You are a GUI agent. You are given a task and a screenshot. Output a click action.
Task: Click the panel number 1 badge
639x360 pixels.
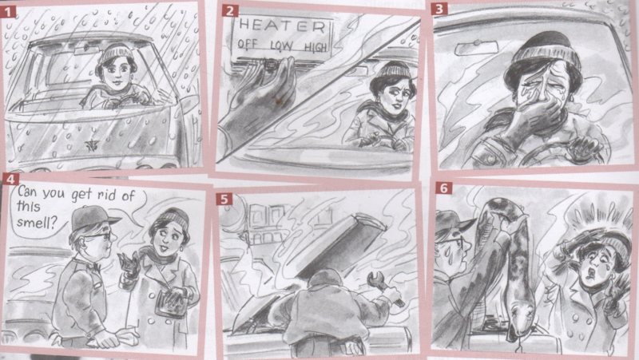coord(8,11)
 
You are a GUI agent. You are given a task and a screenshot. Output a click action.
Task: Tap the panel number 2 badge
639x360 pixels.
coord(230,10)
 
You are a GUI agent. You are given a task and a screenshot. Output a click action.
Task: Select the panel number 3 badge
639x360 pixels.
coord(439,9)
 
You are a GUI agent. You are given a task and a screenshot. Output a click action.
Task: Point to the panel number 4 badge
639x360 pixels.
coord(10,179)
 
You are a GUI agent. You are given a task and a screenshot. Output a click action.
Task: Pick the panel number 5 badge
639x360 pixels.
coord(224,199)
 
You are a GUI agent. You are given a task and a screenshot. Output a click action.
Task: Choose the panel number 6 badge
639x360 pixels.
coord(444,188)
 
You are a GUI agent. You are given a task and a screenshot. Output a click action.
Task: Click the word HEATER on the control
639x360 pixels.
coord(282,26)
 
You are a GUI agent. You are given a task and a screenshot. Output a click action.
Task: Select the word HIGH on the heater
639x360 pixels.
coord(316,47)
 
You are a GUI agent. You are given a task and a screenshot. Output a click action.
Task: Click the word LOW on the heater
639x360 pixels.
coord(282,45)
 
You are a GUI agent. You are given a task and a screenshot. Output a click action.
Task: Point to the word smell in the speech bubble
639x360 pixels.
coord(36,223)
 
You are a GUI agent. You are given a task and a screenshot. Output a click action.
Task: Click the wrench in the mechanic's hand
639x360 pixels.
coord(384,287)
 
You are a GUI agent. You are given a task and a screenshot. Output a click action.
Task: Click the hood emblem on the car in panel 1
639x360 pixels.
coord(92,145)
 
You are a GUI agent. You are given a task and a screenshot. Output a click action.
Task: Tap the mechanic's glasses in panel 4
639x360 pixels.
coord(99,235)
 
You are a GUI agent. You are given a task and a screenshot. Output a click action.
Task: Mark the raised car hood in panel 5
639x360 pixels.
coord(342,247)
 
